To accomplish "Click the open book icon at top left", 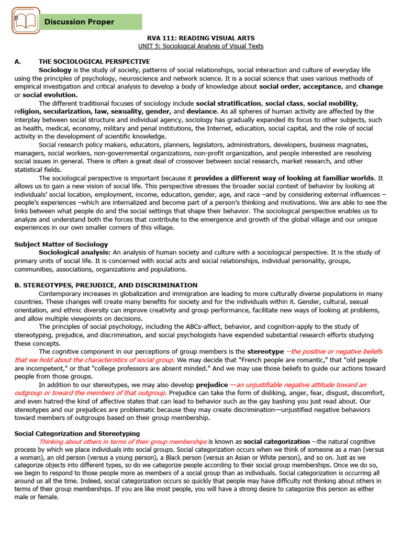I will pyautogui.click(x=26, y=21).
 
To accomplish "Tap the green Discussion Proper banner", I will pyautogui.click(x=91, y=22).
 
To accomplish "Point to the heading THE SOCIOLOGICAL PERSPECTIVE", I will pyautogui.click(x=94, y=62).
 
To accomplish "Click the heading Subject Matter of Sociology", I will pyautogui.click(x=61, y=244).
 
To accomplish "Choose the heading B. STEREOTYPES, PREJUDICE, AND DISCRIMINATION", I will pyautogui.click(x=106, y=285).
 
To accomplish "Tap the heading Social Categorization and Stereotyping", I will pyautogui.click(x=77, y=433).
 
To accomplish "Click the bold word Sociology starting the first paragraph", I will pyautogui.click(x=55, y=70).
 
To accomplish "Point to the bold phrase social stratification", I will pyautogui.click(x=228, y=103).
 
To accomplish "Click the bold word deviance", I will pyautogui.click(x=202, y=111).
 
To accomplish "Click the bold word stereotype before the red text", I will pyautogui.click(x=265, y=351).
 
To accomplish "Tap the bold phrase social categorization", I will pyautogui.click(x=277, y=442).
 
